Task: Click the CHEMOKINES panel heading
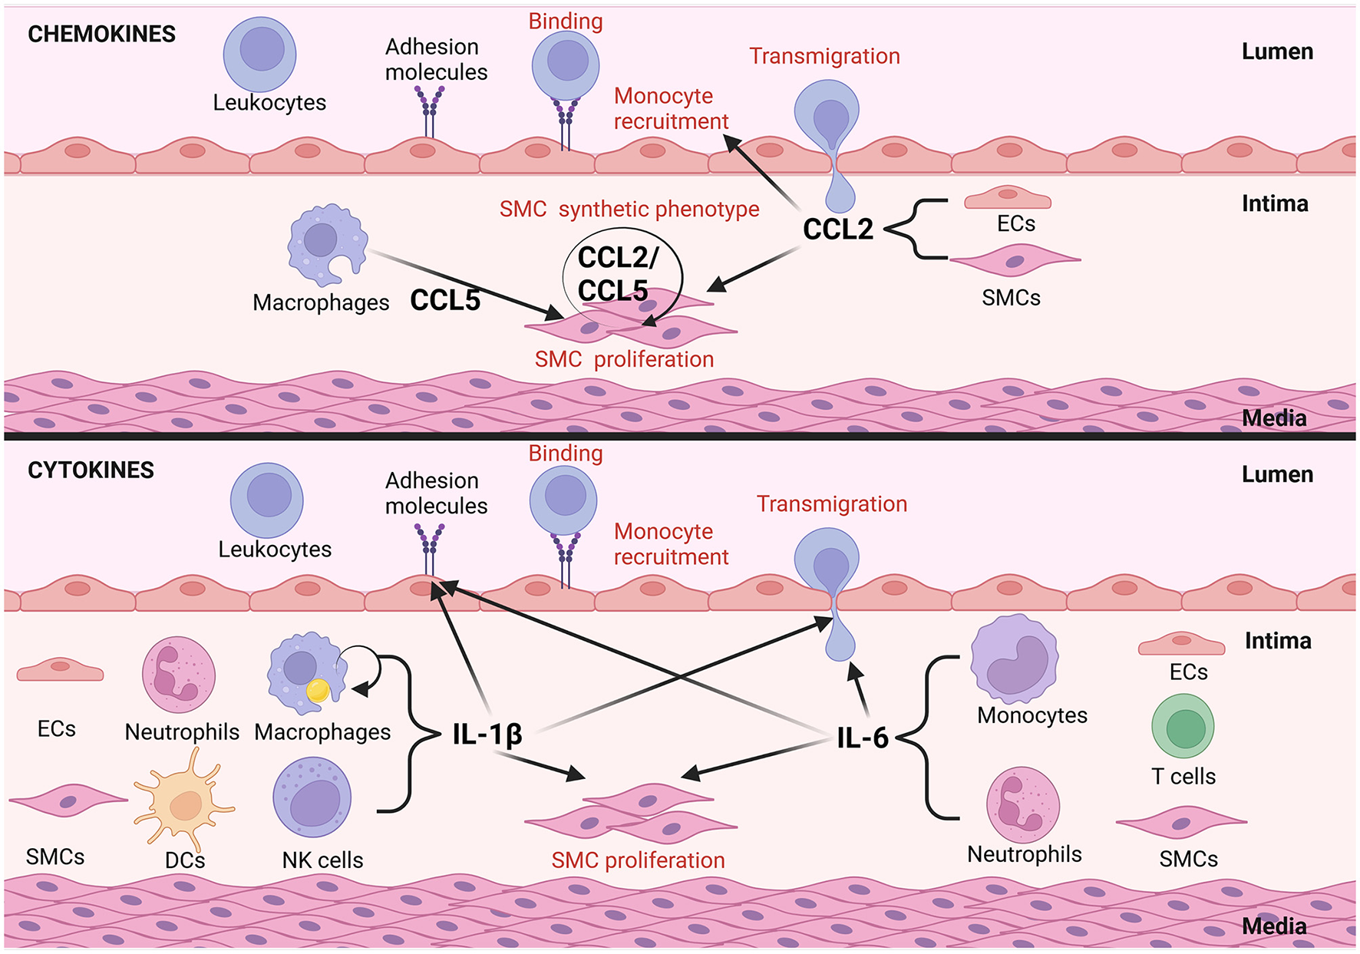[x=101, y=34]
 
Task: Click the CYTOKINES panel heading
[x=91, y=470]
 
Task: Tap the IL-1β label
[x=487, y=734]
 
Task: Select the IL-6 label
[x=862, y=738]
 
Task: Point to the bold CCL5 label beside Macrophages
[x=444, y=300]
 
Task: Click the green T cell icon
[x=1183, y=726]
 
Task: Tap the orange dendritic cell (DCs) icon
[x=184, y=804]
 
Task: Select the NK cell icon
[x=312, y=797]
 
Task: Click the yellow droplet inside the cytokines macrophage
[x=318, y=690]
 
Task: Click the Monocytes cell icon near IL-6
[x=1015, y=659]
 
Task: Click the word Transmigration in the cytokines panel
[x=832, y=503]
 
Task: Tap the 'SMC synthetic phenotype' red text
[x=629, y=209]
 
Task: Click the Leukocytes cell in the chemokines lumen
[x=259, y=54]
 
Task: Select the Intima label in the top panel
[x=1275, y=203]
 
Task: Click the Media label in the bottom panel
[x=1274, y=926]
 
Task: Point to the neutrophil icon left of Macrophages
[x=178, y=675]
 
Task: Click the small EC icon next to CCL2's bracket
[x=1007, y=198]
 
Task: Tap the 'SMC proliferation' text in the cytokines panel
[x=638, y=860]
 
